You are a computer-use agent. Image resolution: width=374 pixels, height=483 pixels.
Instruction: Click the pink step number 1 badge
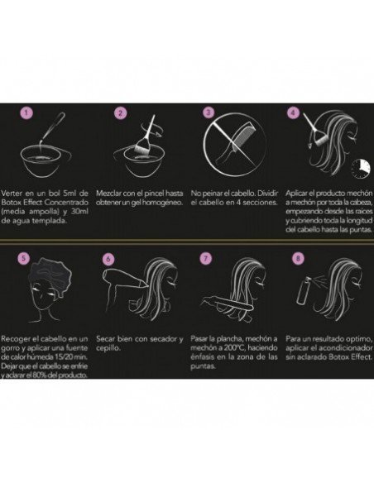tap(26, 112)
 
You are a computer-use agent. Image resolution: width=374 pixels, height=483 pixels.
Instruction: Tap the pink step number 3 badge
tap(209, 112)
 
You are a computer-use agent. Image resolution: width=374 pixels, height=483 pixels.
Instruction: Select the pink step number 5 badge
tap(23, 258)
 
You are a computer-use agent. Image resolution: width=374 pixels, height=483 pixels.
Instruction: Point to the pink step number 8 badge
tap(298, 258)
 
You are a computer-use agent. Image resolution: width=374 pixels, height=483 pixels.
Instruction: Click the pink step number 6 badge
tap(108, 259)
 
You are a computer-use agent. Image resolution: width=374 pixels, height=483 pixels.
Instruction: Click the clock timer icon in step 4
tap(361, 168)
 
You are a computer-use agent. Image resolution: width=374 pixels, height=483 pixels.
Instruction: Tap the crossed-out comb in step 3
tap(234, 145)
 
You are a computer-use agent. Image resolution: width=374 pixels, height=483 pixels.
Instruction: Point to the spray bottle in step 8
tap(303, 290)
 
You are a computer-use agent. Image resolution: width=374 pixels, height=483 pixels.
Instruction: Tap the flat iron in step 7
tap(228, 303)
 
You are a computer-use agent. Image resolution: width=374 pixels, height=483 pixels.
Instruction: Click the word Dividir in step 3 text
tap(267, 194)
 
